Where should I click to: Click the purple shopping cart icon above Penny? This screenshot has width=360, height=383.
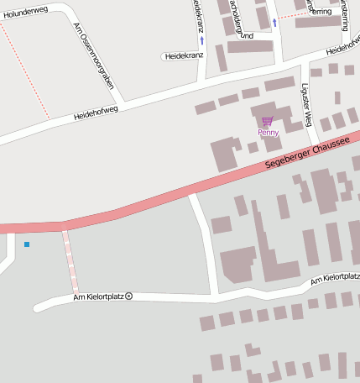click(267, 122)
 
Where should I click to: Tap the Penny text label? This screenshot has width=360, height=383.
click(269, 133)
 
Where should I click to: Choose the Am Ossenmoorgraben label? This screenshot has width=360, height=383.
click(94, 55)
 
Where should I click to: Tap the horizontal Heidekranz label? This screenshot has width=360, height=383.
click(185, 55)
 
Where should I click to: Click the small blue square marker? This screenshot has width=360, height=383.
click(27, 244)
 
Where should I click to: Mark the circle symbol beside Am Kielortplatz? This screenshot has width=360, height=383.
click(128, 296)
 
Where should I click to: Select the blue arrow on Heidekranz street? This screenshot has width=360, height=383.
click(201, 39)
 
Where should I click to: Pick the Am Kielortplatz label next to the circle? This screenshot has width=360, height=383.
click(98, 296)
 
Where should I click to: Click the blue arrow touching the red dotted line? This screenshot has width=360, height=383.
click(274, 22)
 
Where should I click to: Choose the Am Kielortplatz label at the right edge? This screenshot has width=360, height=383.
click(335, 278)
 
